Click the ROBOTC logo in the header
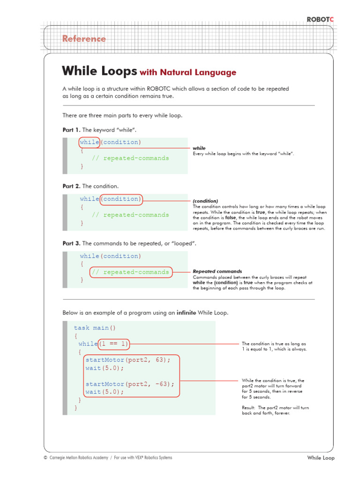(x=320, y=19)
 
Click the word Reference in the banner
(x=84, y=39)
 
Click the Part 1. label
(x=71, y=129)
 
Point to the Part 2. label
(x=71, y=186)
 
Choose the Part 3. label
(x=71, y=244)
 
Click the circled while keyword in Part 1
(x=89, y=142)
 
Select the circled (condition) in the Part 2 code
(x=121, y=199)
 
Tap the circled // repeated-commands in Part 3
(x=130, y=272)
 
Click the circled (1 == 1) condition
(x=113, y=344)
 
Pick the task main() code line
(x=95, y=328)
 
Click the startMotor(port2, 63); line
(x=125, y=360)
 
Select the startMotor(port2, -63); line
(x=129, y=384)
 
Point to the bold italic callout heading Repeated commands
(x=217, y=271)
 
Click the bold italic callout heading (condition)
(x=205, y=201)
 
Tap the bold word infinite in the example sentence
(x=186, y=313)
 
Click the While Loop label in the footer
(x=321, y=458)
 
